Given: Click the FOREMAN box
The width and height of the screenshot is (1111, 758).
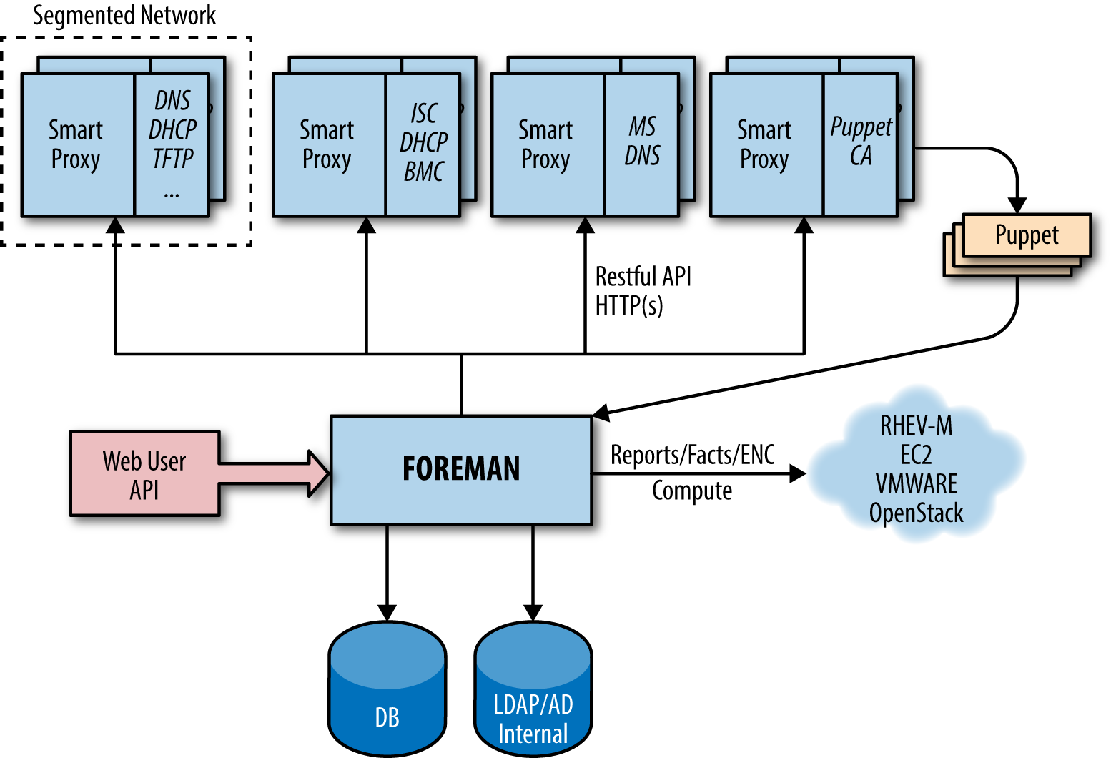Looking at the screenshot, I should pos(461,470).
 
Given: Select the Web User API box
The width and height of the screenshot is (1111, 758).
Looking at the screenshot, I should pos(144,474).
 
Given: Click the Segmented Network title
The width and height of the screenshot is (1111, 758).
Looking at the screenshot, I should pos(124,15).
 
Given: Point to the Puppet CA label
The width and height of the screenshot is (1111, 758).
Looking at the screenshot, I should pos(860,142).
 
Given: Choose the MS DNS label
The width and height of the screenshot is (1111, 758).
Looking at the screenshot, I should pos(642,142).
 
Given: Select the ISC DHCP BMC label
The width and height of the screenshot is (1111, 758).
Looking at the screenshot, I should pos(423,142).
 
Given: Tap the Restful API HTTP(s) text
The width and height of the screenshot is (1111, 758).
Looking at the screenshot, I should pos(643,291).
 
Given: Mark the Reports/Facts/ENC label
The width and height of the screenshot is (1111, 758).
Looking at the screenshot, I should pos(692,455).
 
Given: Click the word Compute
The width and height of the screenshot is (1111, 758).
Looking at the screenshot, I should pos(692,491).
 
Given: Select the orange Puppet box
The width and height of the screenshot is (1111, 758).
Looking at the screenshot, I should pos(1027,235).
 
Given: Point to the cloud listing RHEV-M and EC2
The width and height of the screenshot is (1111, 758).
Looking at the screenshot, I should pos(917,465).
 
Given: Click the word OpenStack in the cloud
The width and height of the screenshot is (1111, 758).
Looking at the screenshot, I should pos(917,513).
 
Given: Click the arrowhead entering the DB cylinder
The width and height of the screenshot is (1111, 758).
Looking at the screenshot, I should pos(387,613).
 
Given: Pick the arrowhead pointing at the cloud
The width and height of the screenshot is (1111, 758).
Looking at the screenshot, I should pos(798,473).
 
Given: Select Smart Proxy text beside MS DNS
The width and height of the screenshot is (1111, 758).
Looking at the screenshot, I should pos(545,144).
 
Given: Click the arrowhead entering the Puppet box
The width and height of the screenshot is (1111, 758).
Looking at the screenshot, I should pos(1017,205).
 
